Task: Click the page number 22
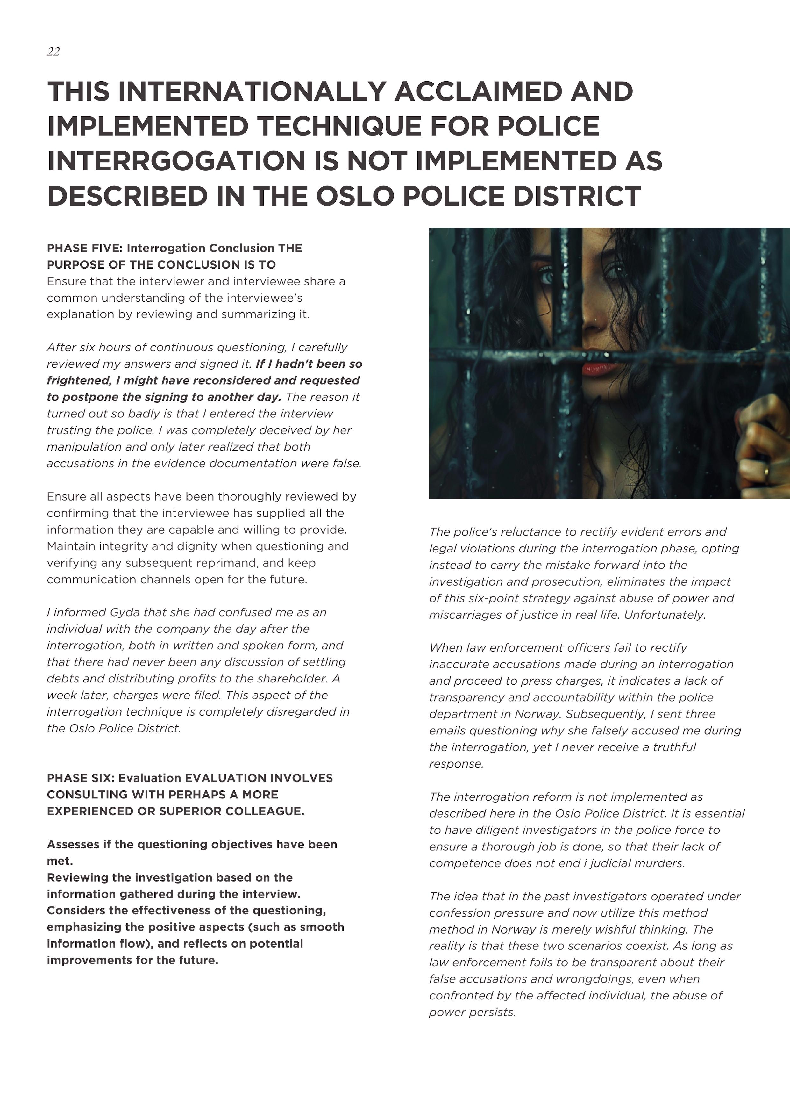point(53,52)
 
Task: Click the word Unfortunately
point(665,615)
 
